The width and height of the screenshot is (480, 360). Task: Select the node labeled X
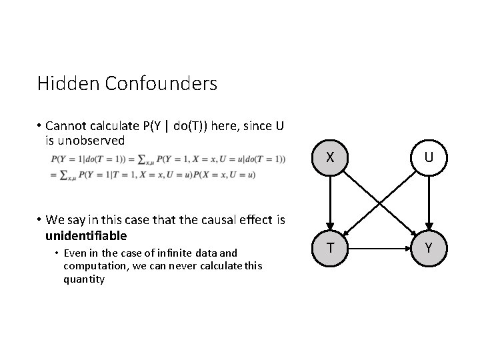[329, 158]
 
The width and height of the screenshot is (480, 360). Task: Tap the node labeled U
[429, 158]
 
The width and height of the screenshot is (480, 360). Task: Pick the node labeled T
[329, 248]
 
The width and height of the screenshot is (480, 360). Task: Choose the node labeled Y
[429, 248]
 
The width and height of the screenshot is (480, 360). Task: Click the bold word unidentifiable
[86, 236]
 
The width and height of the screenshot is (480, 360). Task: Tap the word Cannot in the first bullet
[66, 127]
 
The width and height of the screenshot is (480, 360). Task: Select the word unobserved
[93, 140]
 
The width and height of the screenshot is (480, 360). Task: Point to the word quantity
[84, 279]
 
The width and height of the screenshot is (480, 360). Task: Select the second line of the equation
[153, 175]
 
